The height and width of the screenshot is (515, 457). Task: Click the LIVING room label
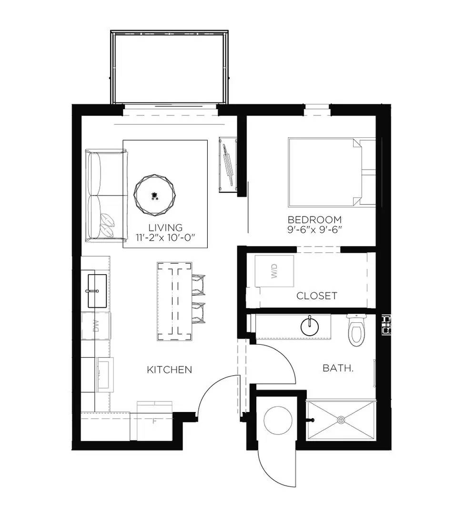tap(165, 227)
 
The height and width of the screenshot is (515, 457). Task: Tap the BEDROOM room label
tap(315, 220)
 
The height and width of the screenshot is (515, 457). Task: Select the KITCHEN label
tap(169, 370)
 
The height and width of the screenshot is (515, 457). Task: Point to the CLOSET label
tap(316, 296)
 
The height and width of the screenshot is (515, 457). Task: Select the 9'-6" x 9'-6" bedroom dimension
tap(315, 229)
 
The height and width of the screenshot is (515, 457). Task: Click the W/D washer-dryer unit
tap(274, 271)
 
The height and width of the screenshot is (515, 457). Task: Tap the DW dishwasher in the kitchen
tap(96, 326)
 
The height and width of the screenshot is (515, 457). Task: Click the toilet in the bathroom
tap(355, 330)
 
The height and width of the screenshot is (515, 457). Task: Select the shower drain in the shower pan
tap(341, 420)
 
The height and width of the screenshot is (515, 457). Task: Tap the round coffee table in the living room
tap(153, 195)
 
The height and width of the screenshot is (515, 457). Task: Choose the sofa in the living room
tap(106, 196)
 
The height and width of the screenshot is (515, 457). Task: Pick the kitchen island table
tap(174, 301)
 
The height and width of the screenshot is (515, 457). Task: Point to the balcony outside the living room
tap(170, 67)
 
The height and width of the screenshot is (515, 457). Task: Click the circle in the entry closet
tap(277, 420)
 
